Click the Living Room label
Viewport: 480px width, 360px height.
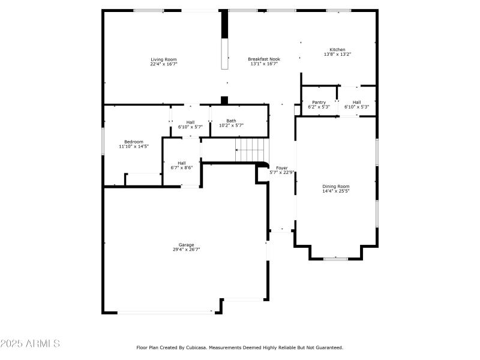[x=163, y=59]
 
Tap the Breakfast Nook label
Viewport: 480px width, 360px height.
[x=264, y=59]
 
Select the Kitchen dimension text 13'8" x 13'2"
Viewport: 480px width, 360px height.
[x=337, y=54]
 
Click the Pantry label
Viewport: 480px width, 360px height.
[x=319, y=102]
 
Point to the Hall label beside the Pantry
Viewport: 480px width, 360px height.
[x=356, y=102]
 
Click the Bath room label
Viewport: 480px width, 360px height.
[x=231, y=121]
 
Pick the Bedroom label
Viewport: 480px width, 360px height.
[x=134, y=142]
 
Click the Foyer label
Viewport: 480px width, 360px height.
[x=281, y=168]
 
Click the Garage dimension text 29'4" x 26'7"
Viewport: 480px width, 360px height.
[x=186, y=249]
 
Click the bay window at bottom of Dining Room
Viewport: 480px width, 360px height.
[x=336, y=259]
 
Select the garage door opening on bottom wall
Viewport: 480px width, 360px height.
[x=165, y=311]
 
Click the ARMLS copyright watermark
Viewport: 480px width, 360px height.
[x=30, y=344]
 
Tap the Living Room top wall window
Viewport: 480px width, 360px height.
[x=148, y=10]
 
